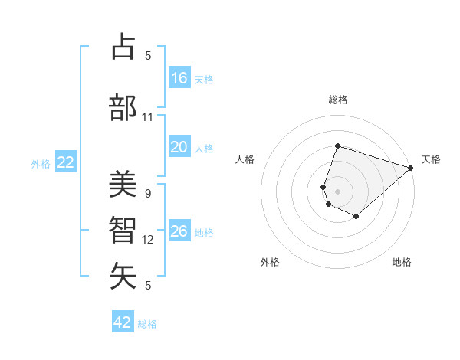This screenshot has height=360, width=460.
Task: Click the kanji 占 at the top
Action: tap(123, 47)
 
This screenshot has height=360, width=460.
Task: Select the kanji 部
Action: tap(123, 108)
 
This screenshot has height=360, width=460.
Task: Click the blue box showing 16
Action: tap(179, 78)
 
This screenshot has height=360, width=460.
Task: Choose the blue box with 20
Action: tap(179, 148)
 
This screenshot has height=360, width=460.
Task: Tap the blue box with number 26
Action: tap(179, 231)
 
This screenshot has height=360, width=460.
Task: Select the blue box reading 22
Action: tap(66, 162)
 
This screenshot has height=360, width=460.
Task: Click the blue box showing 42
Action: tap(123, 322)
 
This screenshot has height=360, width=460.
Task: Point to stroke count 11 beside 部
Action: tap(147, 117)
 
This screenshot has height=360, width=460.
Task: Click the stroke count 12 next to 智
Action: tap(148, 240)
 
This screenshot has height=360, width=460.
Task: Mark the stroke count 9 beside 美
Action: tap(147, 194)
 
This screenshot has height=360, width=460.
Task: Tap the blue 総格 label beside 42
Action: tap(147, 324)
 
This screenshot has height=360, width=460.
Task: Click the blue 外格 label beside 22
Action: tap(41, 163)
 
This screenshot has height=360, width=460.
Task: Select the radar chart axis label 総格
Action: tap(338, 100)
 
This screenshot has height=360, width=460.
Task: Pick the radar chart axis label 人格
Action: tap(245, 159)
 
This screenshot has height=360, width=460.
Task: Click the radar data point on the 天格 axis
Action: tap(412, 168)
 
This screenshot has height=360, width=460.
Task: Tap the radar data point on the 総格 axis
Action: tap(337, 146)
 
